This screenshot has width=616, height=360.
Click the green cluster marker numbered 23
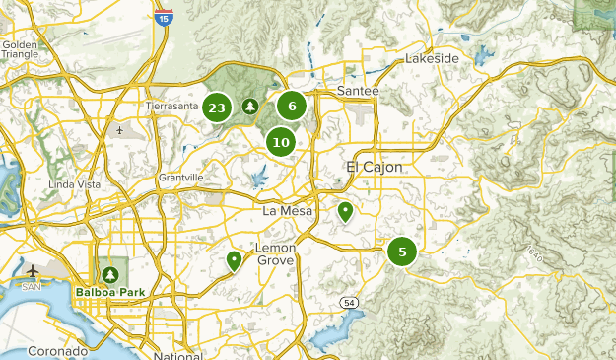pyautogui.click(x=218, y=108)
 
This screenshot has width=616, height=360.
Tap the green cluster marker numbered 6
pyautogui.click(x=292, y=106)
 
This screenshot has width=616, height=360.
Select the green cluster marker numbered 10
pyautogui.click(x=281, y=142)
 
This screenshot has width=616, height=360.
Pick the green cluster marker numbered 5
pyautogui.click(x=402, y=252)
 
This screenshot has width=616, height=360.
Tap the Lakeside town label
pyautogui.click(x=432, y=59)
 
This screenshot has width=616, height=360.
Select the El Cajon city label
pyautogui.click(x=375, y=167)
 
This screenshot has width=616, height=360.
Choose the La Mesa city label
pyautogui.click(x=287, y=211)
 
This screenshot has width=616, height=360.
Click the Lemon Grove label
pyautogui.click(x=276, y=253)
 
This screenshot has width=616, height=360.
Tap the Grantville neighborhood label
pyautogui.click(x=180, y=178)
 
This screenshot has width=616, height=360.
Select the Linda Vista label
pyautogui.click(x=73, y=185)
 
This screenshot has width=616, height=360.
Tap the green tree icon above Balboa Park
pyautogui.click(x=108, y=273)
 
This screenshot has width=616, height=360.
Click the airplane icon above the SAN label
pyautogui.click(x=33, y=270)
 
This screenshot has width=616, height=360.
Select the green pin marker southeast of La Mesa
pyautogui.click(x=345, y=211)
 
